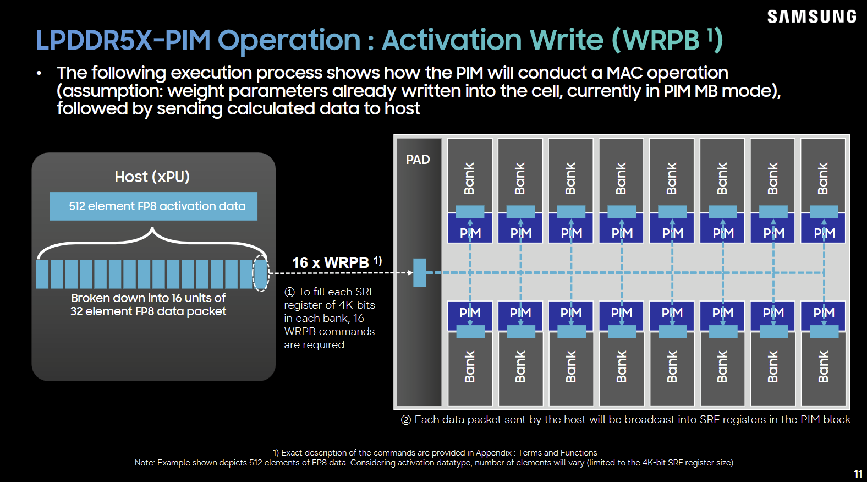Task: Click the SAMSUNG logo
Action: [811, 17]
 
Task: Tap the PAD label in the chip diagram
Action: [418, 160]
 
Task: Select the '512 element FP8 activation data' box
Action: [153, 206]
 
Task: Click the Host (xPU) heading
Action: [152, 177]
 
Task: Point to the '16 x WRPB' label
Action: [337, 262]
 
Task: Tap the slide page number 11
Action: [858, 474]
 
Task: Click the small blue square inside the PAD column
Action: [420, 273]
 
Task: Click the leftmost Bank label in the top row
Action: [469, 178]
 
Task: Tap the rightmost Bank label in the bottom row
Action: [823, 366]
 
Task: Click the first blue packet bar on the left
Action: [42, 274]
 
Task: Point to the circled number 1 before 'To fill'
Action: [289, 292]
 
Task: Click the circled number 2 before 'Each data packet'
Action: [405, 420]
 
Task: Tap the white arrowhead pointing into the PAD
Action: [410, 272]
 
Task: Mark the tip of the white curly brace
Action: [152, 228]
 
